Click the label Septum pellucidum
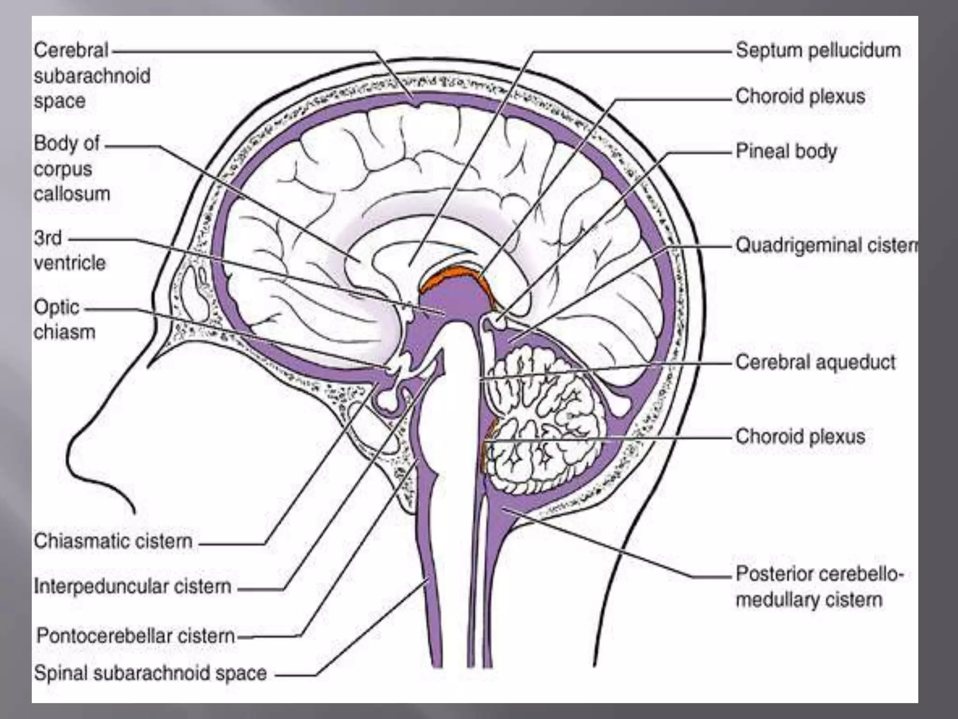pyautogui.click(x=818, y=51)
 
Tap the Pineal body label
pyautogui.click(x=786, y=151)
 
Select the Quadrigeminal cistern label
pyautogui.click(x=826, y=245)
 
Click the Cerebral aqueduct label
pyautogui.click(x=815, y=362)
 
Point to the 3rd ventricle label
pyautogui.click(x=69, y=250)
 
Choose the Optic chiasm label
pyautogui.click(x=64, y=320)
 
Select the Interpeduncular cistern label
pyautogui.click(x=132, y=586)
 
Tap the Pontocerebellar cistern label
pyautogui.click(x=136, y=636)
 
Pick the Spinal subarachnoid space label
pyautogui.click(x=150, y=673)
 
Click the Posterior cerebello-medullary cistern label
pyautogui.click(x=818, y=587)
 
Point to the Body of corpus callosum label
pyautogui.click(x=72, y=169)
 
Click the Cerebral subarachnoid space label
pyautogui.click(x=92, y=75)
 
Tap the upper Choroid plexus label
pyautogui.click(x=800, y=96)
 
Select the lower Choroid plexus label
pyautogui.click(x=800, y=436)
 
